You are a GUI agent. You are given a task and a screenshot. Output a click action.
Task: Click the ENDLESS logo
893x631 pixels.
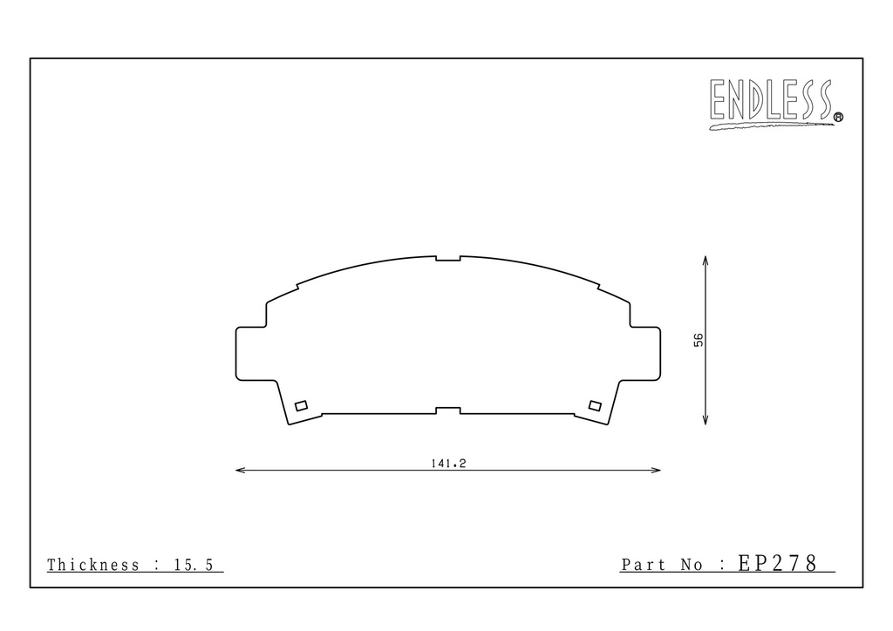click(x=773, y=103)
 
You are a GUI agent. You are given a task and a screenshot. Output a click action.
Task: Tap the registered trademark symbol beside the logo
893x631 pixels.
click(x=838, y=117)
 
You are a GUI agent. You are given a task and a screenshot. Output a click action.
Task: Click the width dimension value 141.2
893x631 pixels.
click(x=448, y=464)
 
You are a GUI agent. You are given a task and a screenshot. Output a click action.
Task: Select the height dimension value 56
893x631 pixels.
click(x=699, y=340)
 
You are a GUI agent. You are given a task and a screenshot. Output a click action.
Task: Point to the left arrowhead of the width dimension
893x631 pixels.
click(x=240, y=470)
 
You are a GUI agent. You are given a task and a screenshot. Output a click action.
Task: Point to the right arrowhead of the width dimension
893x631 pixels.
click(x=656, y=470)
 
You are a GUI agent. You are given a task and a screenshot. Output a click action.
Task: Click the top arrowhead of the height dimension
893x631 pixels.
click(x=705, y=260)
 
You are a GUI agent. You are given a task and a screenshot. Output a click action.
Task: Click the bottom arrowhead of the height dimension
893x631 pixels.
click(x=705, y=420)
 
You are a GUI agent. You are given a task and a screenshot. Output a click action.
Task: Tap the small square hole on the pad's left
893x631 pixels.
click(x=301, y=405)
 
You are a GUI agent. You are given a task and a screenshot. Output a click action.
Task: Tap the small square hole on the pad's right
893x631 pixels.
click(x=595, y=405)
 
